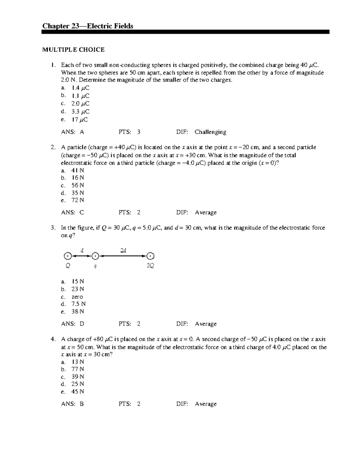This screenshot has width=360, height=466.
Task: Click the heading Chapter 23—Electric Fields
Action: click(88, 26)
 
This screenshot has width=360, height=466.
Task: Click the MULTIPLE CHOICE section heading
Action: click(73, 50)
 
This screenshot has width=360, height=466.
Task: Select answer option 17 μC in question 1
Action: click(79, 120)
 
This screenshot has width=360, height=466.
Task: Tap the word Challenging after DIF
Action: click(210, 132)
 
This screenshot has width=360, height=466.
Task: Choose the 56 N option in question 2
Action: click(77, 185)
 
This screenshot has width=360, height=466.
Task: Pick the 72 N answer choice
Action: click(77, 200)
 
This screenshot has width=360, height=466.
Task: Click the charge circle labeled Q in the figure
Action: click(67, 256)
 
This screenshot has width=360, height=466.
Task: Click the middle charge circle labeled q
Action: click(95, 256)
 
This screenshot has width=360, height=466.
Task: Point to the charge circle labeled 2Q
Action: click(150, 256)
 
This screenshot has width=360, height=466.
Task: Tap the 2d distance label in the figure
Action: click(123, 251)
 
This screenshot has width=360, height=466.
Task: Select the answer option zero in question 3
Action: click(77, 297)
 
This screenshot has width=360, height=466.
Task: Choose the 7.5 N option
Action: click(78, 304)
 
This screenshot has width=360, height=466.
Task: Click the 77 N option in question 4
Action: click(77, 369)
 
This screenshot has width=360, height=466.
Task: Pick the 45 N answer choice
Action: click(77, 392)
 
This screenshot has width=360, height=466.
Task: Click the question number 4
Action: click(53, 339)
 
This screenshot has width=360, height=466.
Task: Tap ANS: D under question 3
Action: click(73, 324)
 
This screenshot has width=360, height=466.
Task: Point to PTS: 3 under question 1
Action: click(129, 132)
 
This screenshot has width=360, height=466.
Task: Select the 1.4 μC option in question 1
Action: click(80, 88)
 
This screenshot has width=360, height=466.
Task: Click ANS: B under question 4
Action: click(72, 404)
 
